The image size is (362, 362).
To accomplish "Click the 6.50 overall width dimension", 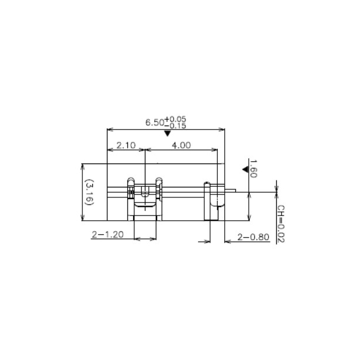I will [155, 123].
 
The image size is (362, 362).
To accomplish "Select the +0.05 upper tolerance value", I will [175, 119].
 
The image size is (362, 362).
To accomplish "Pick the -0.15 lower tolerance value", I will [175, 126].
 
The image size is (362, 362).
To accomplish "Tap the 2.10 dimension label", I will [126, 145].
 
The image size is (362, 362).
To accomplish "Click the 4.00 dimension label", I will [181, 145].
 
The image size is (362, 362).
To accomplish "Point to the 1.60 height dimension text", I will [253, 169].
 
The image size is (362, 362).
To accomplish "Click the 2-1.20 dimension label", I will [107, 234].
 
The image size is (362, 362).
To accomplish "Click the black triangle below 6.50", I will [168, 134].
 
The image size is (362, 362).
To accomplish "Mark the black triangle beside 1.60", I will [245, 169].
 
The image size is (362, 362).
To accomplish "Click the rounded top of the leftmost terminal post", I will [131, 179].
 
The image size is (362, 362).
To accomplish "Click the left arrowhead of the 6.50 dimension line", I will [108, 129].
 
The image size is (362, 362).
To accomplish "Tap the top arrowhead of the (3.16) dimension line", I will [82, 166].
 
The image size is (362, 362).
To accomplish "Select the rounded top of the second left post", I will [158, 179].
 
